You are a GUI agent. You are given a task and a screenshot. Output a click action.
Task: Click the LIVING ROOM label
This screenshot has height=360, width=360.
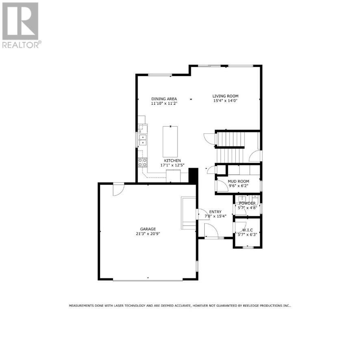click(x=226, y=96)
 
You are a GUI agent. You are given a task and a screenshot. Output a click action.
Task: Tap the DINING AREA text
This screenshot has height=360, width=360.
click(x=164, y=99)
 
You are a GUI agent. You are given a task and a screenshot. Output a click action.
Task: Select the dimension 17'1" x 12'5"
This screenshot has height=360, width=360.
click(x=173, y=165)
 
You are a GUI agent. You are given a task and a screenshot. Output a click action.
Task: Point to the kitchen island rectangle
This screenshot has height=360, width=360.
click(x=170, y=141)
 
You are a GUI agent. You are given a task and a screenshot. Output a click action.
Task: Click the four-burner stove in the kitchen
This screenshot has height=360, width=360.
click(x=143, y=163)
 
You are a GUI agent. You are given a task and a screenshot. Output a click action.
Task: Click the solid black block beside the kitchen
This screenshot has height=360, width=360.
click(x=193, y=175)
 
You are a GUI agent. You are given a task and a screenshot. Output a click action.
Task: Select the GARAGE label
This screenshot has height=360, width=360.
click(x=148, y=229)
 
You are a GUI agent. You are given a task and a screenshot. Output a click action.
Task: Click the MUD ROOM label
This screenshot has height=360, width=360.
click(x=239, y=181)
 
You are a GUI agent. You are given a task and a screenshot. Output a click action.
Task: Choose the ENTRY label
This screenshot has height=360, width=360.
click(x=215, y=212)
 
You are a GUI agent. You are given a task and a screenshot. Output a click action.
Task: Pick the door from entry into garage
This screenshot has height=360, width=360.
click(x=200, y=215)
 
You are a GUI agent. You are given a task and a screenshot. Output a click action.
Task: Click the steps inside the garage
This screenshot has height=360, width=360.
click(x=189, y=211)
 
